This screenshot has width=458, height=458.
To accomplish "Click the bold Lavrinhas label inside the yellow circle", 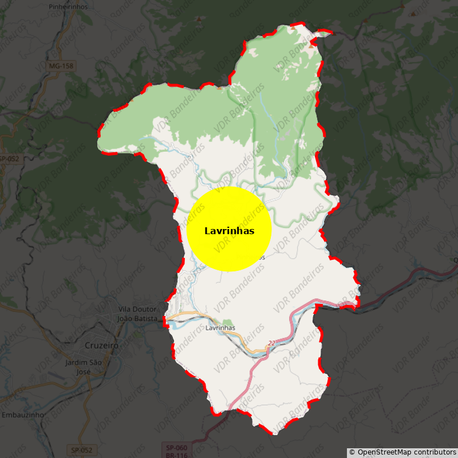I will (x=229, y=231).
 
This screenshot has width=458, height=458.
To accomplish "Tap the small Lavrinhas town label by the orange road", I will (x=220, y=328).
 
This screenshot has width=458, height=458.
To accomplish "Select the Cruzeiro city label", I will (x=101, y=346).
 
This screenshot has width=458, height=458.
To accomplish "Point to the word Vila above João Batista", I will (x=126, y=310).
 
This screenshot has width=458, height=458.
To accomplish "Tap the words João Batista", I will (x=136, y=318).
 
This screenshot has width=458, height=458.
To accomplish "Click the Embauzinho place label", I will (x=20, y=414).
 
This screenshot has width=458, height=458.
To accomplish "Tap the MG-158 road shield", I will (x=61, y=66).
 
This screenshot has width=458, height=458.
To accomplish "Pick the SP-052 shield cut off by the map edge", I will (x=9, y=159).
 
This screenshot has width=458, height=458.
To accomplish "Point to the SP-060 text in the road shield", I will (x=176, y=447).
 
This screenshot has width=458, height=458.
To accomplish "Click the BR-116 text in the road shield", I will (x=176, y=455).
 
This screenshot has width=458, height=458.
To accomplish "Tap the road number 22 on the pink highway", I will (x=271, y=343).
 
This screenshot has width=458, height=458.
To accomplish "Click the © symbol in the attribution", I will (x=352, y=452).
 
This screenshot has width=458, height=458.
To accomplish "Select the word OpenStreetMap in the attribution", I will (x=385, y=452).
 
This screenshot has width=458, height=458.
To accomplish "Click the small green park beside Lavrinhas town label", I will (x=228, y=322).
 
